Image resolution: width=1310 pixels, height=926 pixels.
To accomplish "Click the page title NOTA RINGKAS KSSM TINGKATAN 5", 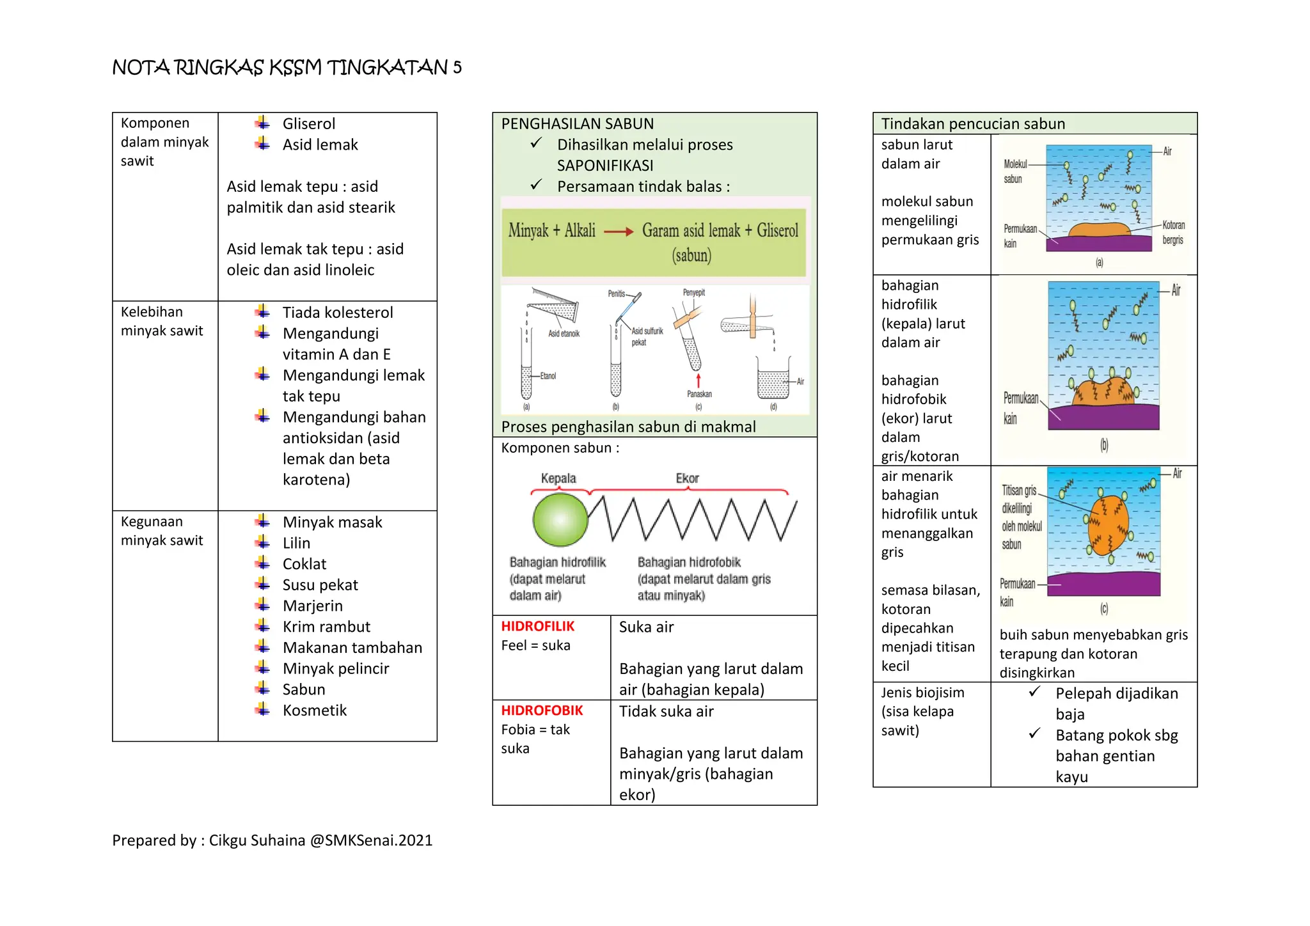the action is pyautogui.click(x=287, y=67).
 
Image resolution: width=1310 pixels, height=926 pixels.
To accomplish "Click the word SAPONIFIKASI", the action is pyautogui.click(x=604, y=166).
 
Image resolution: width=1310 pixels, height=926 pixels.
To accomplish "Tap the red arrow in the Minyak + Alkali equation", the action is pyautogui.click(x=618, y=231).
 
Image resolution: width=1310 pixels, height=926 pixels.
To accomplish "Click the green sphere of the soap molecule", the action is pyautogui.click(x=560, y=520).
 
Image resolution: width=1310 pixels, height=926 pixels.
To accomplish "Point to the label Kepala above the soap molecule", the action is pyautogui.click(x=558, y=478).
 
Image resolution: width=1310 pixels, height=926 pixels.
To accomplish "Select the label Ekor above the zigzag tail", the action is pyautogui.click(x=687, y=478).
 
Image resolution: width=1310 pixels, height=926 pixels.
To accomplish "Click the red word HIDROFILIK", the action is pyautogui.click(x=537, y=626).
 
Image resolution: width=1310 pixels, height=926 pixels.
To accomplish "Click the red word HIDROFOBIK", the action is pyautogui.click(x=542, y=710).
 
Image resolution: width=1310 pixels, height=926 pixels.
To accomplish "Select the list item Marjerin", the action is pyautogui.click(x=312, y=606).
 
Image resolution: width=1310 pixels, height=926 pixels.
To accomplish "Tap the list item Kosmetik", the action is pyautogui.click(x=314, y=710).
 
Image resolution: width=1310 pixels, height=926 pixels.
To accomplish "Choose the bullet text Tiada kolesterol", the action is pyautogui.click(x=338, y=313).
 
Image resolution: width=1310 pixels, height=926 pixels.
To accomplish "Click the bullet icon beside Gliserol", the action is pyautogui.click(x=262, y=123).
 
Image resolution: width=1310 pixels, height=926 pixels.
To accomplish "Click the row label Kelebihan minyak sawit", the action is pyautogui.click(x=162, y=321).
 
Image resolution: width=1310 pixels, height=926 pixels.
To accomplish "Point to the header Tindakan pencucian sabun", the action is pyautogui.click(x=973, y=123).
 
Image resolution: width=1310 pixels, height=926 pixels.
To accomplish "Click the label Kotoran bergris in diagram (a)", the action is pyautogui.click(x=1173, y=233).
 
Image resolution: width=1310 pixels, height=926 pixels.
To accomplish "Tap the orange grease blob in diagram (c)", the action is pyautogui.click(x=1108, y=524).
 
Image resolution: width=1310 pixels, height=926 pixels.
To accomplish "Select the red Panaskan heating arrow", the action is pyautogui.click(x=698, y=381).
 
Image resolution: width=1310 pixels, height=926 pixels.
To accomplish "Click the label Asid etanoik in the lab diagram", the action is pyautogui.click(x=564, y=334).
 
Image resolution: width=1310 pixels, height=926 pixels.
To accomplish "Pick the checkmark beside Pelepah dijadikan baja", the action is pyautogui.click(x=1034, y=692).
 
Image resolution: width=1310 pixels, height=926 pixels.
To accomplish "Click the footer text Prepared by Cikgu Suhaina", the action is pyautogui.click(x=272, y=840).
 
